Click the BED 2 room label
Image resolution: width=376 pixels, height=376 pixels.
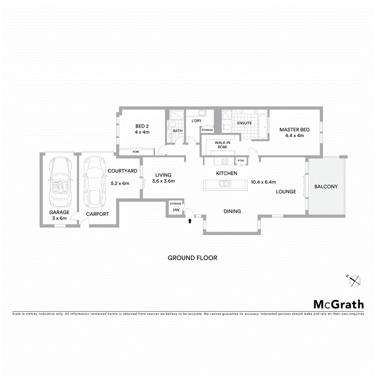[142, 126]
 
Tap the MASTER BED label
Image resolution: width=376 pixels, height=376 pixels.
[295, 130]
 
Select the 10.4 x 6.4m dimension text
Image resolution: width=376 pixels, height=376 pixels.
[263, 182]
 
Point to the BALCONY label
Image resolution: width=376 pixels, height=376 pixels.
[326, 186]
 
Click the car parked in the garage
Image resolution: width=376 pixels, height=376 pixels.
[59, 181]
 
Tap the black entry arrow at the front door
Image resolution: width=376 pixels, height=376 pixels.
[189, 220]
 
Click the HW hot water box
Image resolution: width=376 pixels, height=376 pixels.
[176, 210]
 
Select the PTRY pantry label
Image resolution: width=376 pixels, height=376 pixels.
[241, 161]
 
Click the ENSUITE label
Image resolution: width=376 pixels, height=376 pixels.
[244, 123]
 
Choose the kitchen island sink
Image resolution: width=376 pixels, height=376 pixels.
[223, 184]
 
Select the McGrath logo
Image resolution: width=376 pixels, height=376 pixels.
[338, 304]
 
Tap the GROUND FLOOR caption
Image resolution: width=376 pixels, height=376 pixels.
[192, 258]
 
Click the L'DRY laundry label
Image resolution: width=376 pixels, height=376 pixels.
[196, 121]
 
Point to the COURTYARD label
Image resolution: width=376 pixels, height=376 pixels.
[122, 171]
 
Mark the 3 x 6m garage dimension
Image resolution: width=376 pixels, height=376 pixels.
[59, 218]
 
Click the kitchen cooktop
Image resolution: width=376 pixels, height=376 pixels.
[224, 162]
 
